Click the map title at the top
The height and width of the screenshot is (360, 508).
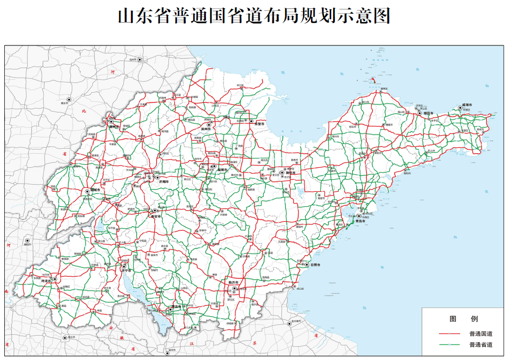point(254,16)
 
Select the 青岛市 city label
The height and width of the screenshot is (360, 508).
point(361,220)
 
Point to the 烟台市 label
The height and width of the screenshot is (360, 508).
point(427,113)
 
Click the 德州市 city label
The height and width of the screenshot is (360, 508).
point(113,126)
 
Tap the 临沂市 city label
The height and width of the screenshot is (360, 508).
point(234,282)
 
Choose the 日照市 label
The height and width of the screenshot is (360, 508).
point(315,265)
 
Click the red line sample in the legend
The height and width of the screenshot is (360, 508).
point(449,334)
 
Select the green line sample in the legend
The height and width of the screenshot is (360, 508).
point(449,345)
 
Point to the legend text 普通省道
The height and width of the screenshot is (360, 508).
point(481,345)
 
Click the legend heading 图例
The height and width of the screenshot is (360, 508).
point(463,319)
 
